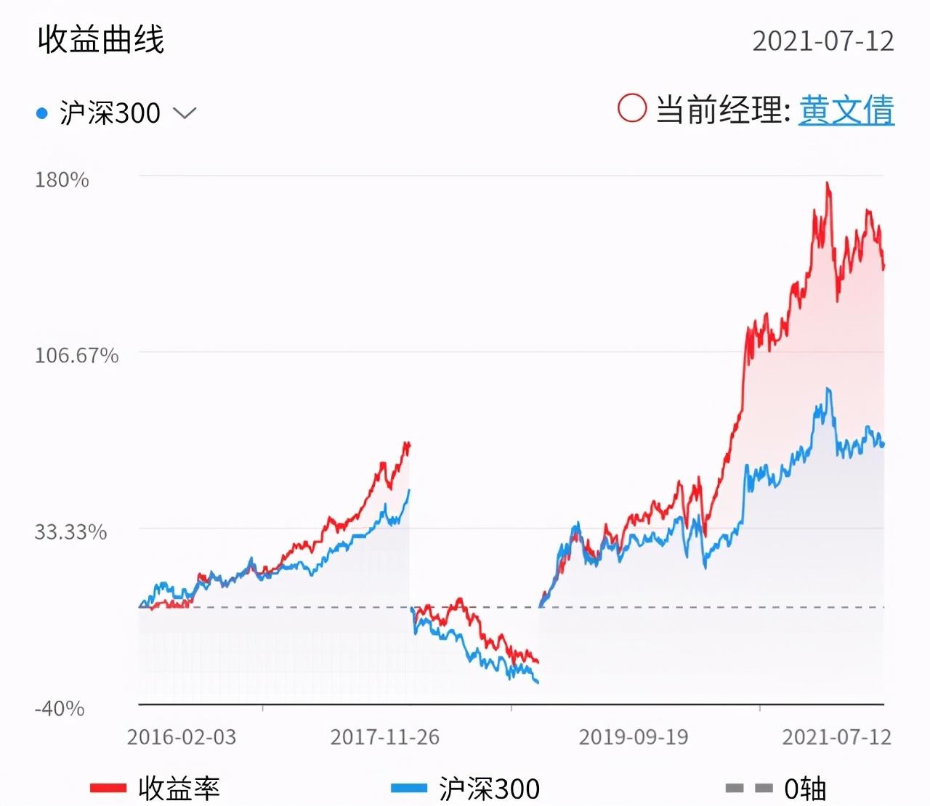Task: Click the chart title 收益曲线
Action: [x=101, y=39]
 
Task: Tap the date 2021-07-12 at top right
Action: [x=822, y=41]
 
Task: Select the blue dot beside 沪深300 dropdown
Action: [x=42, y=113]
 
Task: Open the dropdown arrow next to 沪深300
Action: [x=185, y=113]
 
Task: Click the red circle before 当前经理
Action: [x=631, y=109]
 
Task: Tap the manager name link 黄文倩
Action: [x=846, y=111]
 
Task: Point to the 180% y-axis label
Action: [x=62, y=179]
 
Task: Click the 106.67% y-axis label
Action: [x=76, y=356]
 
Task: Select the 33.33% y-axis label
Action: [x=70, y=532]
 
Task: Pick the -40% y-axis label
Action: [x=60, y=708]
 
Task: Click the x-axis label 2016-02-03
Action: [x=182, y=737]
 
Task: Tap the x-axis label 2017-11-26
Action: [x=385, y=737]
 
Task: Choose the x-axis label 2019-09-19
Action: [x=634, y=737]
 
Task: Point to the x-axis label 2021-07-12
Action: [x=836, y=737]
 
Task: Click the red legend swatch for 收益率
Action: [x=108, y=788]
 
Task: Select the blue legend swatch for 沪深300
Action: [x=408, y=788]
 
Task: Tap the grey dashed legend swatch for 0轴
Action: [x=748, y=788]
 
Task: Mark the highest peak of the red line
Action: [x=828, y=184]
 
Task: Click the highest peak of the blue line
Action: [x=828, y=390]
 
